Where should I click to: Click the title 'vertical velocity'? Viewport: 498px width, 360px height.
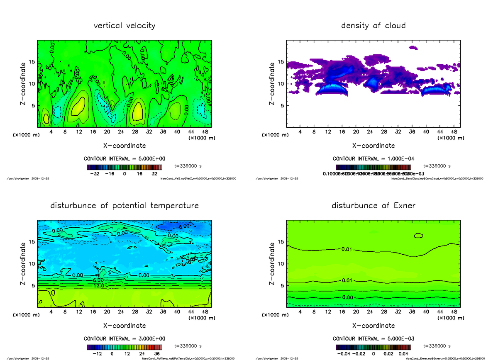click(124, 26)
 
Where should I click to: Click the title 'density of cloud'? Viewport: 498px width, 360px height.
click(373, 26)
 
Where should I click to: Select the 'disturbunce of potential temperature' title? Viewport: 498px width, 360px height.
click(124, 206)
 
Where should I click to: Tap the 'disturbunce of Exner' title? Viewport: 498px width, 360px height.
click(373, 206)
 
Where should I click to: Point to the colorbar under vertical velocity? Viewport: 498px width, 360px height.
click(124, 167)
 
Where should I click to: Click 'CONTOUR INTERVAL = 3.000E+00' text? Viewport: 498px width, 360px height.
click(124, 338)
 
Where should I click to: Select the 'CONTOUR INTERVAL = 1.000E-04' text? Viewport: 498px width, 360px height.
click(373, 159)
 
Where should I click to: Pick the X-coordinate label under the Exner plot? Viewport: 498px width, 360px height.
click(373, 326)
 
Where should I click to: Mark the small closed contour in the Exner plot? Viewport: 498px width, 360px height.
click(418, 236)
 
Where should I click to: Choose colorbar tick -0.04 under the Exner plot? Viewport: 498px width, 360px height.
click(341, 354)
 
